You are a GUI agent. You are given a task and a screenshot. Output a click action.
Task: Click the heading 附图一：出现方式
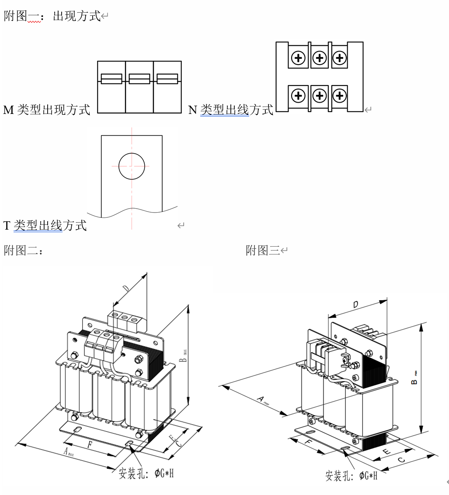[x=52, y=17]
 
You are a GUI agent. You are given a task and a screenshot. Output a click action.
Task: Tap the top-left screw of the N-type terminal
[x=299, y=58]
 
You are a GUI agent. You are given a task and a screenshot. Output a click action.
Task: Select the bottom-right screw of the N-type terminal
[x=340, y=95]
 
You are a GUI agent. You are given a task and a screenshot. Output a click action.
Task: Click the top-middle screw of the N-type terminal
[x=320, y=58]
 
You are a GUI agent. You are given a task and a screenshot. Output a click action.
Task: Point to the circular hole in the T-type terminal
[x=132, y=166]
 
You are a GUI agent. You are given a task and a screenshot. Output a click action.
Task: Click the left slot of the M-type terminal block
[x=111, y=79]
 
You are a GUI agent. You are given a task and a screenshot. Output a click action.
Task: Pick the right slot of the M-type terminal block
[x=167, y=79]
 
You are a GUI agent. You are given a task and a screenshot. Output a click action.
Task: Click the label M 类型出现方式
[x=46, y=110]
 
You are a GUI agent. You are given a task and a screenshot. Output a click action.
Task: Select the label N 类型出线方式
[x=230, y=110]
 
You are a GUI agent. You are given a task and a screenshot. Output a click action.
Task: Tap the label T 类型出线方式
[x=45, y=226]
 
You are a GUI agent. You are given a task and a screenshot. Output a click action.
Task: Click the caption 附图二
[x=23, y=251]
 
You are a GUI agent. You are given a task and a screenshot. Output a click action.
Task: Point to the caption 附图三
[x=263, y=251]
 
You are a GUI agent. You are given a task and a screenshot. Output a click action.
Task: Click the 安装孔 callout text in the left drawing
[x=149, y=473]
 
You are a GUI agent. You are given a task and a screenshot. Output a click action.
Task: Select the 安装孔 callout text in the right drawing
[x=351, y=475]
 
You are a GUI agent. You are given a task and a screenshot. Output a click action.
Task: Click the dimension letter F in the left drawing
[x=90, y=445]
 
